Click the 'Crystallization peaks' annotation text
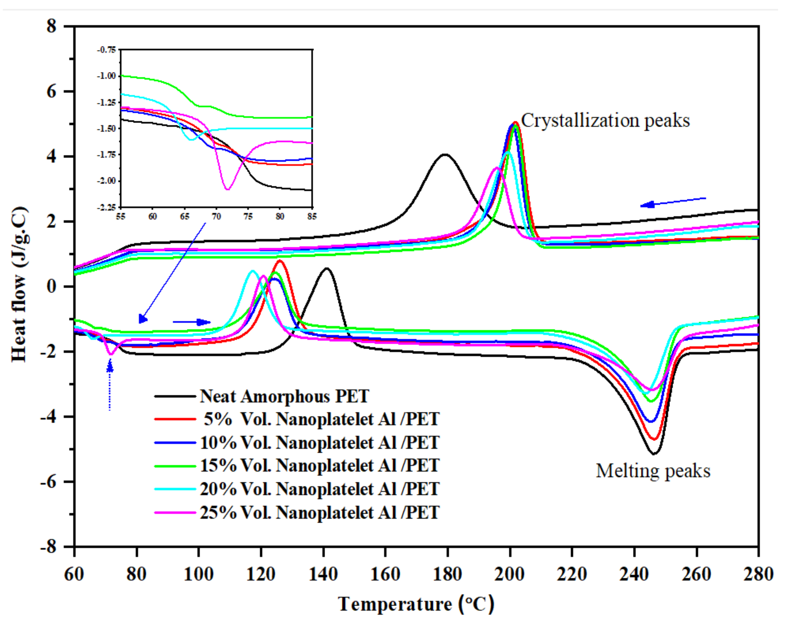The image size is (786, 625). pyautogui.click(x=605, y=120)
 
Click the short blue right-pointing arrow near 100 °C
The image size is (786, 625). pyautogui.click(x=191, y=322)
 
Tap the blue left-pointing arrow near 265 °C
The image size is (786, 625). pyautogui.click(x=673, y=202)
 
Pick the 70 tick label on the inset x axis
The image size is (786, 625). pyautogui.click(x=216, y=216)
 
